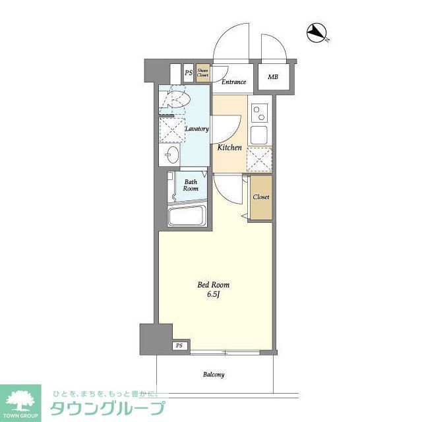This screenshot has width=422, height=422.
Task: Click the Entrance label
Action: (x=233, y=82)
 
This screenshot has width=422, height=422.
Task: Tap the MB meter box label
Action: (x=273, y=77)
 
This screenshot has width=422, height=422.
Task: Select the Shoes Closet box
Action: (x=203, y=73)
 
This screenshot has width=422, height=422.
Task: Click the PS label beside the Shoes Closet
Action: (x=188, y=73)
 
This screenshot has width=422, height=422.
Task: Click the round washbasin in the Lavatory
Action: (x=171, y=155)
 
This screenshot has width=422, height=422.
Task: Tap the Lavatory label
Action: (x=196, y=129)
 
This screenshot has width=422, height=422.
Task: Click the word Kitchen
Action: (x=229, y=148)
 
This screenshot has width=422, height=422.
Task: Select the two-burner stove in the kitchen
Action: (x=258, y=114)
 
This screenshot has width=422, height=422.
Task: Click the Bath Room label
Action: (x=191, y=185)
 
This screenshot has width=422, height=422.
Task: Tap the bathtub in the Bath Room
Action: (x=188, y=216)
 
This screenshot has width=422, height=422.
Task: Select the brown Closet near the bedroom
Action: (x=260, y=197)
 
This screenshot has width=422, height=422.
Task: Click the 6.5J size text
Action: (x=214, y=295)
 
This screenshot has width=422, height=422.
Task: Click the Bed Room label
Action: (x=214, y=285)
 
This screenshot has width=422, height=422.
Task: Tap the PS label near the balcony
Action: (x=179, y=346)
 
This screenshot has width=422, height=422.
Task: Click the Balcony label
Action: (x=214, y=375)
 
